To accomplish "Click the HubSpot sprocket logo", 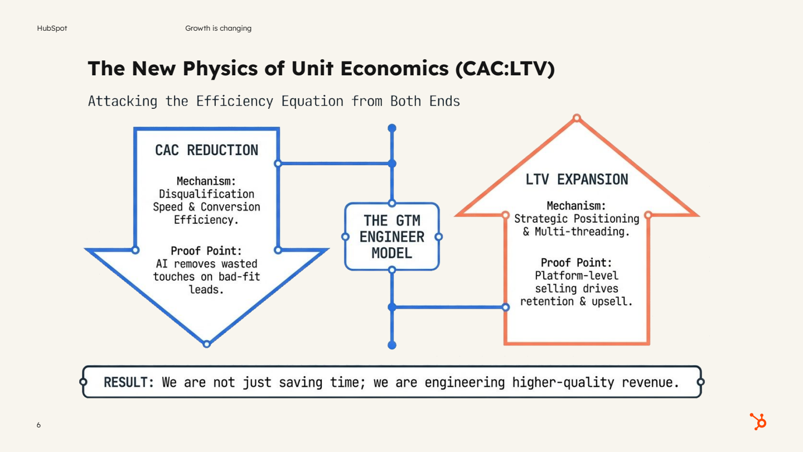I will pos(758,421).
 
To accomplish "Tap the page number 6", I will pos(38,425).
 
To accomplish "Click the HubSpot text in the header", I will pos(52,28).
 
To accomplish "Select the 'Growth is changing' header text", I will pos(218,28).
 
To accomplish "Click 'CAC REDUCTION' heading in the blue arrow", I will pos(206,150).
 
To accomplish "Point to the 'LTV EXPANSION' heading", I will pos(577,180).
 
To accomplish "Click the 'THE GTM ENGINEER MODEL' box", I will pos(392,237).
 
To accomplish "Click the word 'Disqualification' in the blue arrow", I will pos(206,194).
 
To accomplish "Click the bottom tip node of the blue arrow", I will pos(206,344).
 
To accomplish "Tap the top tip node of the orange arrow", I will pos(577,118).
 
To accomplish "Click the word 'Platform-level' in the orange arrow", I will pos(577,276).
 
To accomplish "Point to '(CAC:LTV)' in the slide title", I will pos(505,68).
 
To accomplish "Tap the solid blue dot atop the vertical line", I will pos(392,128).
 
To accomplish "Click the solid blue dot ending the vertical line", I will pos(392,345).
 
